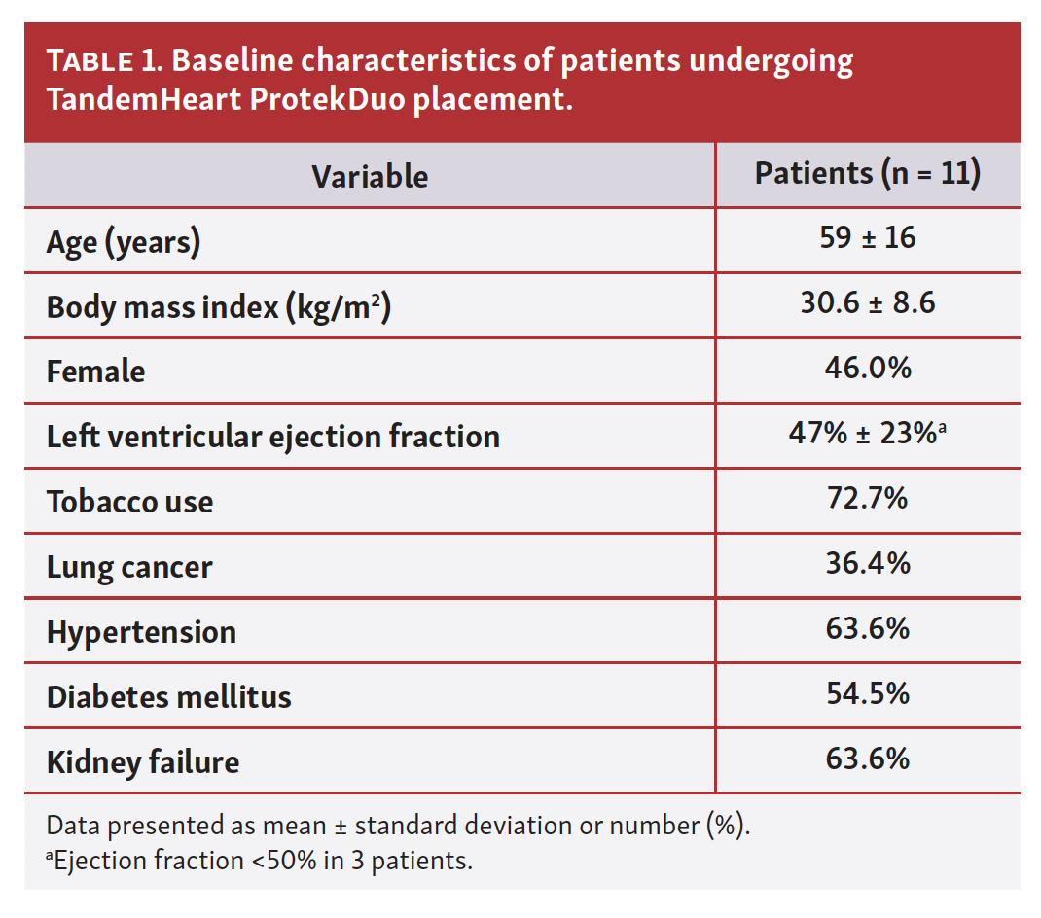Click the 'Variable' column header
pyautogui.click(x=370, y=177)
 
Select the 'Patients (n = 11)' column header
pyautogui.click(x=868, y=174)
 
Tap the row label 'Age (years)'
pyautogui.click(x=124, y=242)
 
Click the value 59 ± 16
pyautogui.click(x=868, y=237)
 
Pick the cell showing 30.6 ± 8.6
pyautogui.click(x=868, y=302)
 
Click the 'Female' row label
pyautogui.click(x=95, y=371)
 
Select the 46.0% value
pyautogui.click(x=868, y=368)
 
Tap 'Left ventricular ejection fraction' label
pyautogui.click(x=272, y=437)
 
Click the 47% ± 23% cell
pyautogui.click(x=867, y=433)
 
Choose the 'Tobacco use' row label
pyautogui.click(x=130, y=502)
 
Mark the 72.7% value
pyautogui.click(x=868, y=498)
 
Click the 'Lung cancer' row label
pyautogui.click(x=129, y=568)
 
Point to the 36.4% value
pyautogui.click(x=868, y=564)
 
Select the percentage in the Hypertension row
pyautogui.click(x=868, y=628)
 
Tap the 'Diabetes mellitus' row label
pyautogui.click(x=168, y=697)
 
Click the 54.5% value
pyautogui.click(x=868, y=693)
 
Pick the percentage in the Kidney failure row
pyautogui.click(x=868, y=759)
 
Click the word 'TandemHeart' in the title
pyautogui.click(x=144, y=99)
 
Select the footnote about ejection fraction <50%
pyautogui.click(x=259, y=861)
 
